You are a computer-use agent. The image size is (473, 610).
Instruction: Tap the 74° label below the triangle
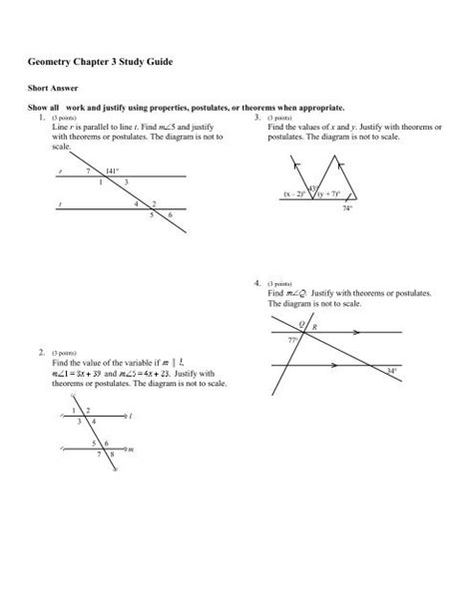point(346,210)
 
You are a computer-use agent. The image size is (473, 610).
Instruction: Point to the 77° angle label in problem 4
point(293,341)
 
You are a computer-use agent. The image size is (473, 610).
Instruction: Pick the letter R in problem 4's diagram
point(315,326)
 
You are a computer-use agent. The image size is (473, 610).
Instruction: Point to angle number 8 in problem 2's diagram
point(113,462)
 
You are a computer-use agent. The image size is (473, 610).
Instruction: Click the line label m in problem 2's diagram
point(130,451)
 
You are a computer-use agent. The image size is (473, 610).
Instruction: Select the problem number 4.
point(257,284)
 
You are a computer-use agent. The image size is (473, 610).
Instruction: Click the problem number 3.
point(257,117)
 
